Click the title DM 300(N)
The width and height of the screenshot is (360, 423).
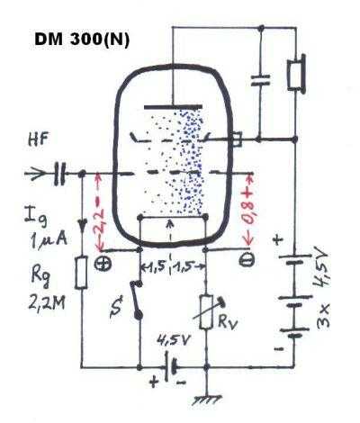pos(82,40)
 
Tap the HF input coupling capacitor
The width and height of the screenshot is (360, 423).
pos(59,174)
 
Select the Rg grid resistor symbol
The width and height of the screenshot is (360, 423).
pos(81,273)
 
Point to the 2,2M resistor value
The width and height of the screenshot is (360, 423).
pos(47,303)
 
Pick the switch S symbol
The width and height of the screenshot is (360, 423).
pos(137,299)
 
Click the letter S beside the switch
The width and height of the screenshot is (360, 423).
pos(116,307)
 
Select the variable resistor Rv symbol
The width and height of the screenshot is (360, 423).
pos(208,312)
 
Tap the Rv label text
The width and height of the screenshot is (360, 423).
pos(229,322)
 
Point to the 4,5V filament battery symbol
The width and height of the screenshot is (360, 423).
pos(170,367)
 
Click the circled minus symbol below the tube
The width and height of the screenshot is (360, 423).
pos(247,260)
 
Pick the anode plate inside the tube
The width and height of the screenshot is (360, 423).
pos(173,107)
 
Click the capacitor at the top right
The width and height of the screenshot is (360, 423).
pos(260,80)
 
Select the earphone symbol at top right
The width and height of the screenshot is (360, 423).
pos(296,74)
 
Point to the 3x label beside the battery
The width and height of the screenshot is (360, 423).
pos(323,315)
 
